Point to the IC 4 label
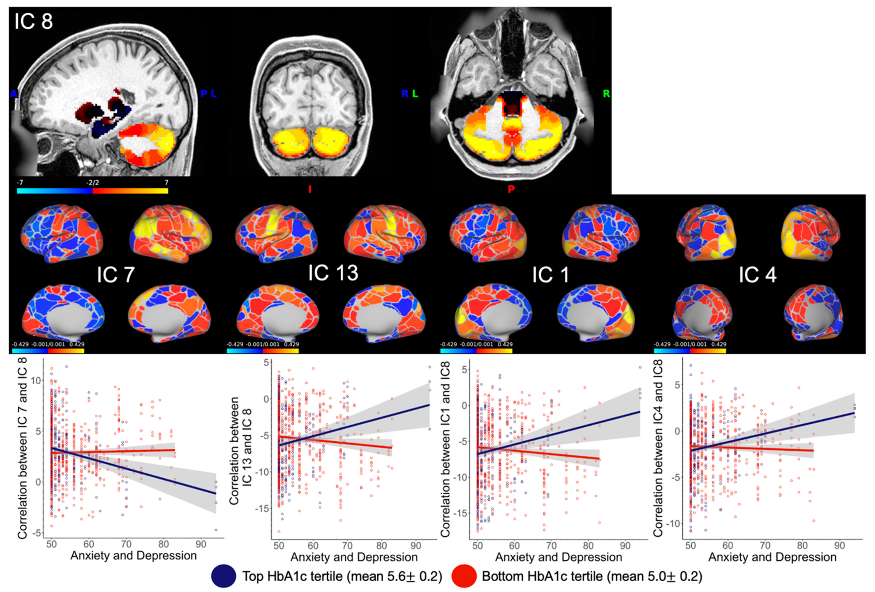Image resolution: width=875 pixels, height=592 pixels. [757, 275]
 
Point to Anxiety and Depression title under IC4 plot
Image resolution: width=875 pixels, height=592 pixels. [772, 557]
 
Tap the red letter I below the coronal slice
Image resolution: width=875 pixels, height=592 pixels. [310, 189]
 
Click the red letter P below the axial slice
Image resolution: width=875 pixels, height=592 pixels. [511, 189]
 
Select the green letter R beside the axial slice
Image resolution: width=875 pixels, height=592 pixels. [606, 93]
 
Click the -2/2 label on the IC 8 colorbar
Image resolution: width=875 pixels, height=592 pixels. [92, 183]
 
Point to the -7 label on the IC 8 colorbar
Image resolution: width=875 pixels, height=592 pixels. [20, 183]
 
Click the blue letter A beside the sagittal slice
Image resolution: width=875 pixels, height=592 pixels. [13, 93]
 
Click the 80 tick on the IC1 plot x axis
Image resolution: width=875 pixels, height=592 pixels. [588, 546]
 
